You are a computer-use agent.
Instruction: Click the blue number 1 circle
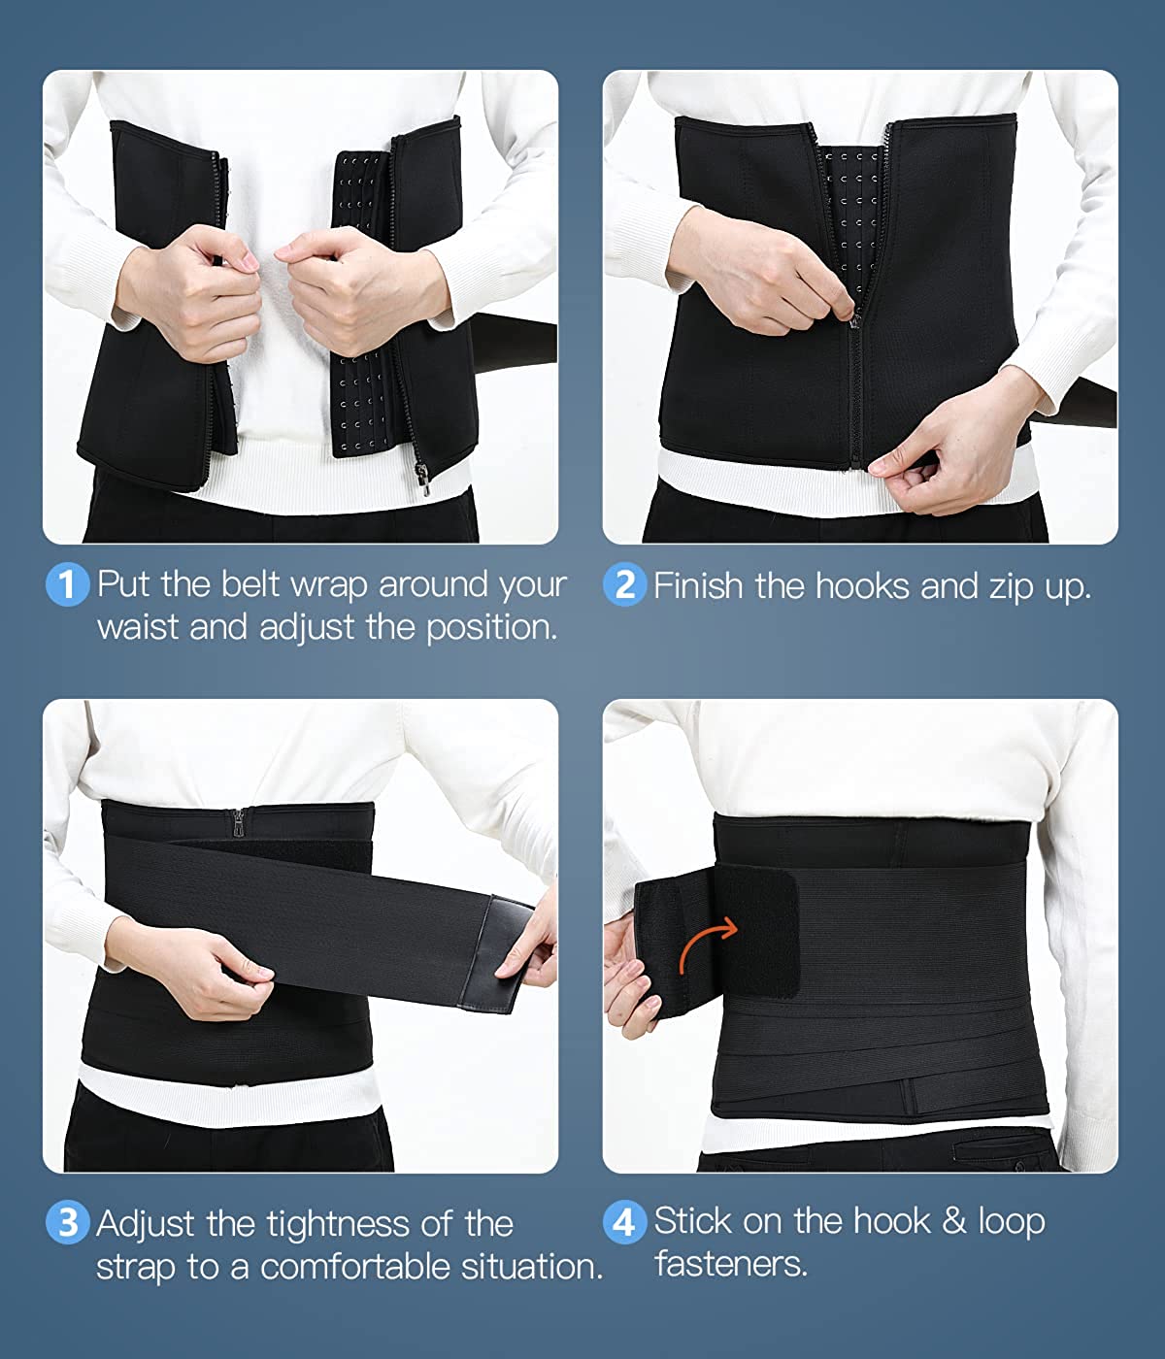click(67, 583)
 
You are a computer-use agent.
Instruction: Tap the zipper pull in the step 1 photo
click(421, 479)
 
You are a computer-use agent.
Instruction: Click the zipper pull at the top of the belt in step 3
click(237, 824)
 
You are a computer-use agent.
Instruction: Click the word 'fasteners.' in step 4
click(730, 1263)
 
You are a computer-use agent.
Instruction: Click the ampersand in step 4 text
click(954, 1221)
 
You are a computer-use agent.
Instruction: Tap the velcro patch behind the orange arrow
click(756, 934)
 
